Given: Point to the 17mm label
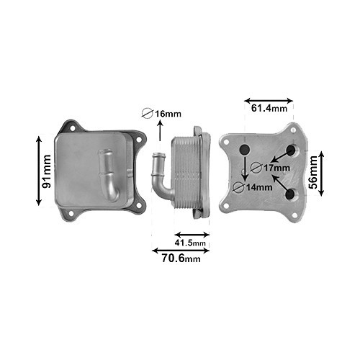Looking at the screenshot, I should (276, 168).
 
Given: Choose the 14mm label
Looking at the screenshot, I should (258, 187).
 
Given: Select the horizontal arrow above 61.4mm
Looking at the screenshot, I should (269, 100).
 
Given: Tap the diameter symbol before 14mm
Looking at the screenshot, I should (240, 187).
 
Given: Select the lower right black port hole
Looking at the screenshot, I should (291, 194).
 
